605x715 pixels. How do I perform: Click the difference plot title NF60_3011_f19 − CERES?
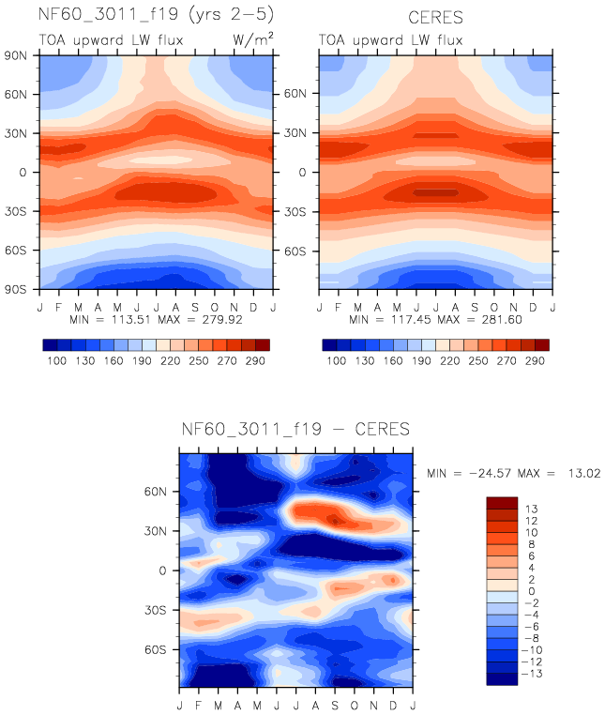click(295, 430)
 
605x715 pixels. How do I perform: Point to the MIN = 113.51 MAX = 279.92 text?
click(155, 319)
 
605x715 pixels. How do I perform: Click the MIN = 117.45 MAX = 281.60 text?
click(437, 319)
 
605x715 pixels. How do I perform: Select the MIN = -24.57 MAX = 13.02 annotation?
click(513, 474)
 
